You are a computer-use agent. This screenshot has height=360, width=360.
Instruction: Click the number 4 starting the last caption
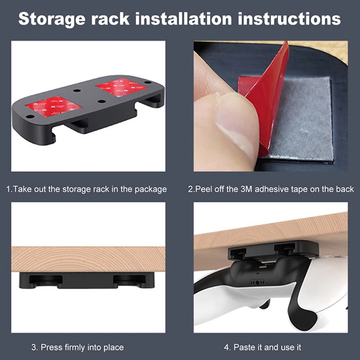[x=227, y=347]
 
